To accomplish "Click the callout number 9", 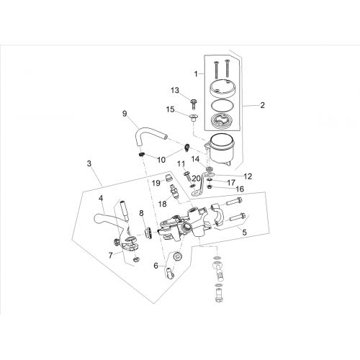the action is tap(125, 114).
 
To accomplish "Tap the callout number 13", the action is tap(175, 90).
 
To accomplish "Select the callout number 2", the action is tap(262, 105).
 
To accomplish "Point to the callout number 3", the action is tap(89, 163).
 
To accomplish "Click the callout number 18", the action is tap(163, 204).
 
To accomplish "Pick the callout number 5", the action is tap(245, 232).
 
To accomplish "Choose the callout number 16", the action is tap(240, 189).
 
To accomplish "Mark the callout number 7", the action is tap(110, 256).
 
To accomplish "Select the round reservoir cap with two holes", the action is tap(222, 87).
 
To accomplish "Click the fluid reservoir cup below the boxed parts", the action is tap(220, 149).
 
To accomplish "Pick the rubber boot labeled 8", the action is tap(148, 233).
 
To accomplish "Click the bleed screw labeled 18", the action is tap(174, 192).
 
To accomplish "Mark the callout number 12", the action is tap(248, 176).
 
